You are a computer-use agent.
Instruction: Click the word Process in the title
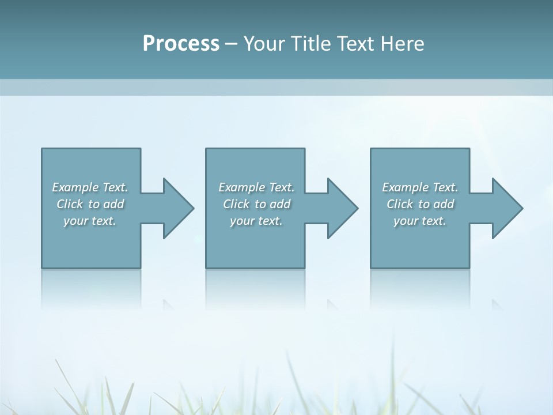click(181, 44)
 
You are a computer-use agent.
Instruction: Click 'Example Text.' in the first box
click(90, 187)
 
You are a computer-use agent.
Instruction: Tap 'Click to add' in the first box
click(90, 204)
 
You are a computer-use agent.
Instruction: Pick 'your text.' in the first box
click(90, 221)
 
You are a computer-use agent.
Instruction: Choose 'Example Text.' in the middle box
click(256, 187)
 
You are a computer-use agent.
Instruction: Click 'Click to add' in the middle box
click(256, 204)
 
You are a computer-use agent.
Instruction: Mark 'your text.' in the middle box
click(256, 221)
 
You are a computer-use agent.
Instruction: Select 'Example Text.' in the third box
click(420, 187)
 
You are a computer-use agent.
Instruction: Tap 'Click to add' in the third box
click(420, 204)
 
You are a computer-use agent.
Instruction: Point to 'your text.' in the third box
click(420, 221)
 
